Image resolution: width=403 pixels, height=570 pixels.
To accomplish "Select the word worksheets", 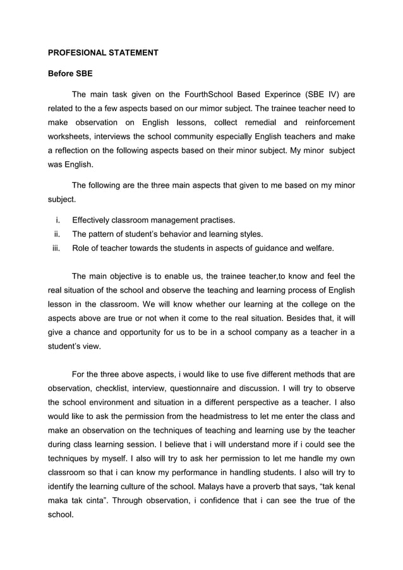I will click(x=71, y=136).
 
